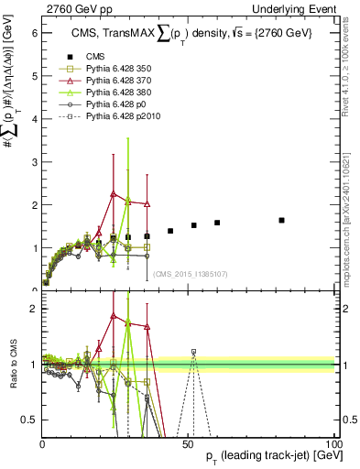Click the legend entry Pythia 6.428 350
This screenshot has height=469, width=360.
[108, 68]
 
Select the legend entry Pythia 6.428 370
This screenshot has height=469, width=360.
[108, 80]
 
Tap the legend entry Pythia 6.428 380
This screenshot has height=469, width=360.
[108, 93]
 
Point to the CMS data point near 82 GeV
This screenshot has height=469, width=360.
[281, 220]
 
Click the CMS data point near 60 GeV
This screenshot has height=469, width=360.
[217, 223]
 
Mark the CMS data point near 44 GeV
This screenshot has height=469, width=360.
[170, 231]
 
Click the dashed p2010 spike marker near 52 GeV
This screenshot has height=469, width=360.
[193, 352]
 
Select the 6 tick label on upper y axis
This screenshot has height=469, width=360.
[33, 34]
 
